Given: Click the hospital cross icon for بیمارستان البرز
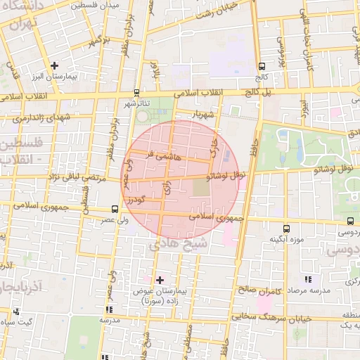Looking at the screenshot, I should (x=55, y=65).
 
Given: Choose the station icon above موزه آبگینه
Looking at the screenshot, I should (x=285, y=229).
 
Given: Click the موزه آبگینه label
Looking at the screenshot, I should (x=285, y=239).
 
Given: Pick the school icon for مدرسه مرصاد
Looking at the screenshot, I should (x=307, y=280).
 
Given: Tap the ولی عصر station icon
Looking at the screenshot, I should (x=115, y=209).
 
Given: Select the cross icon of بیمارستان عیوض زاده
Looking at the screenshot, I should (x=160, y=280).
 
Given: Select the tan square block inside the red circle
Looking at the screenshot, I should (x=201, y=188).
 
